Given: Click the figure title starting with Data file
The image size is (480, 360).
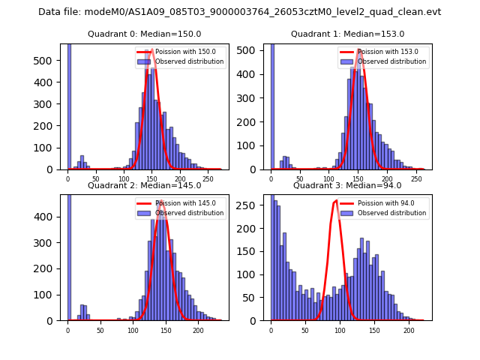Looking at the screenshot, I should click(239, 12).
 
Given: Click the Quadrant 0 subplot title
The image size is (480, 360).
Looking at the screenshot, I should click(144, 34).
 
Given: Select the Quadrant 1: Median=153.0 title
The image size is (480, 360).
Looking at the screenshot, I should click(347, 34).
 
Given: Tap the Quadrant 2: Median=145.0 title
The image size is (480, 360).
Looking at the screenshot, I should click(144, 185).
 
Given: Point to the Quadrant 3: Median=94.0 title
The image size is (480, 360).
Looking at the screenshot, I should click(347, 185).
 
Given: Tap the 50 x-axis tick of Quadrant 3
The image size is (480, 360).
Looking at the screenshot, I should click(305, 329).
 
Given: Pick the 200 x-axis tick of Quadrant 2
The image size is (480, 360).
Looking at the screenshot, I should click(199, 329).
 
